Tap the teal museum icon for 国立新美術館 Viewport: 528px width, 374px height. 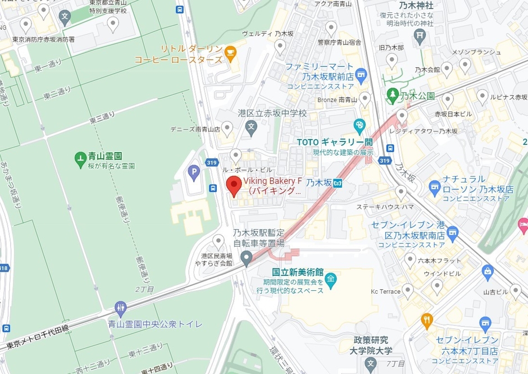click(x=331, y=279)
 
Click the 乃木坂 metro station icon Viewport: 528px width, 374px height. click(x=338, y=183)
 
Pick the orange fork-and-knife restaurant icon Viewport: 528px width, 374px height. click(x=427, y=321)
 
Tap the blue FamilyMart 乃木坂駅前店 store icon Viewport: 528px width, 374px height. click(x=361, y=72)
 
